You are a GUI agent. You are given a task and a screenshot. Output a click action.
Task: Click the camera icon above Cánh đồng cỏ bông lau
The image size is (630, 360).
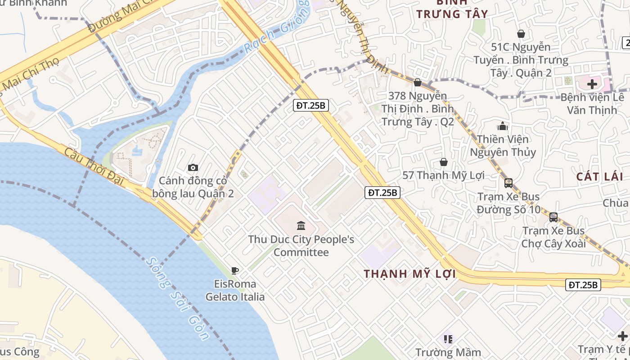(x=193, y=168)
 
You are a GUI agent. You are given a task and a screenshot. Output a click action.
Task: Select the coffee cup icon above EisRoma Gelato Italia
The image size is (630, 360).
(x=234, y=270)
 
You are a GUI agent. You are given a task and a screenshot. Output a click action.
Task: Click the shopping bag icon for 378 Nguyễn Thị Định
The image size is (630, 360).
(x=418, y=82)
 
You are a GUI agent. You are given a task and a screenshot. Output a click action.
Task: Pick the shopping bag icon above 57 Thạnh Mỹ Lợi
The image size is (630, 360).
(x=443, y=162)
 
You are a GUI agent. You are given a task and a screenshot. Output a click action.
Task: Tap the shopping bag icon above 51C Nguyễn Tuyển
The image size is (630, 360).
(x=521, y=34)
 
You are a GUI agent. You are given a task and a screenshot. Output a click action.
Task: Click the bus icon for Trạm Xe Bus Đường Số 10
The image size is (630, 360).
(x=508, y=183)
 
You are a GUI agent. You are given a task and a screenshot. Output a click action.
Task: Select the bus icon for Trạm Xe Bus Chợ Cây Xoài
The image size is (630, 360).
(x=553, y=217)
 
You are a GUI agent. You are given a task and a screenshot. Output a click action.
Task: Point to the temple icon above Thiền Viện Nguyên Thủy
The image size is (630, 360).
(x=503, y=126)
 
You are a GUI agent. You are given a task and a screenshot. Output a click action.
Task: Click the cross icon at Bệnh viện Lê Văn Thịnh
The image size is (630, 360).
(x=592, y=84)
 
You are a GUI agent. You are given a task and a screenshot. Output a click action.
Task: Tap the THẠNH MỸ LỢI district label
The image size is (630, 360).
(x=409, y=274)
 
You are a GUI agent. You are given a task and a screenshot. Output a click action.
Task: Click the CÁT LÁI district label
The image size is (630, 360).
(x=600, y=177)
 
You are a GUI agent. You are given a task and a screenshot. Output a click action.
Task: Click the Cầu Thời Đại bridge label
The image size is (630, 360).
(x=94, y=165)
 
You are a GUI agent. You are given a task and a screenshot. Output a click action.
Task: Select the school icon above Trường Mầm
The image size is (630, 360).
(x=448, y=339)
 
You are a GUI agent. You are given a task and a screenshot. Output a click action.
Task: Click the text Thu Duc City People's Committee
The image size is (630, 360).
(x=301, y=246)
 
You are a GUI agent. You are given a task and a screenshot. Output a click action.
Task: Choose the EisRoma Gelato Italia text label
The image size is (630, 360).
(x=235, y=290)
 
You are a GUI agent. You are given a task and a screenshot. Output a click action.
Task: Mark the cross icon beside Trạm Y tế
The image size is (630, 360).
(x=622, y=336)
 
